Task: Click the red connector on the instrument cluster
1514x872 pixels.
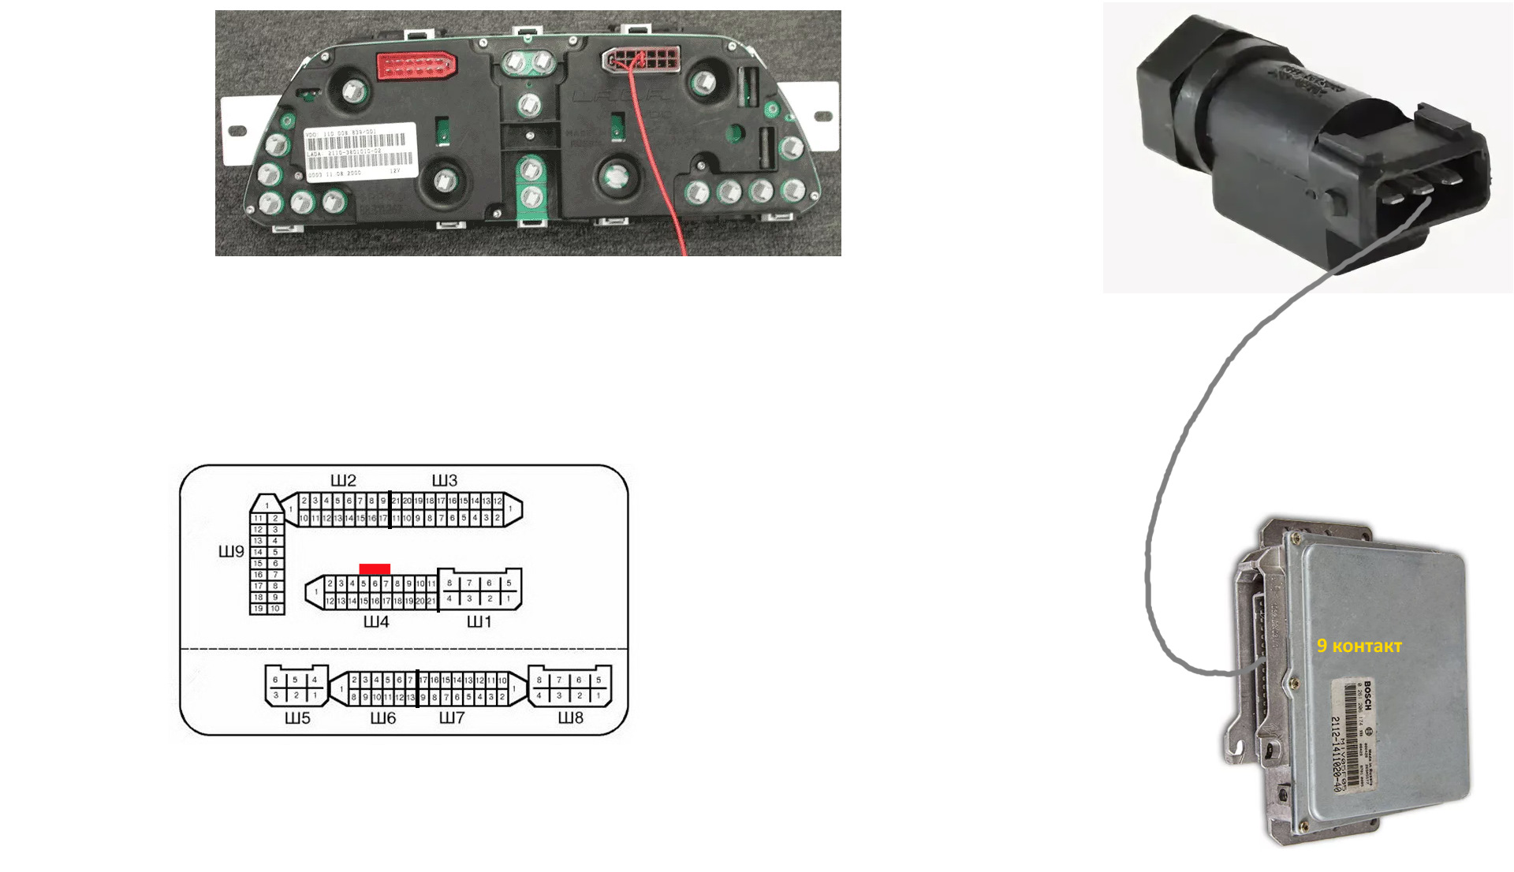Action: [416, 65]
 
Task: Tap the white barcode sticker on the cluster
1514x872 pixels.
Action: [360, 151]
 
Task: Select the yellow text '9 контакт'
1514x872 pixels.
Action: [1359, 646]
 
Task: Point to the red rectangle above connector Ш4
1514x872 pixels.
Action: [375, 568]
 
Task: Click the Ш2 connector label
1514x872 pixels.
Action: [343, 480]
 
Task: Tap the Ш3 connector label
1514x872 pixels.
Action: [444, 480]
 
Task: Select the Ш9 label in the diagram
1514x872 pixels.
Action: [231, 552]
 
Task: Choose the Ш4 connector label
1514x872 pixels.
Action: [376, 622]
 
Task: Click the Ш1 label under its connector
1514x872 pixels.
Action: [479, 622]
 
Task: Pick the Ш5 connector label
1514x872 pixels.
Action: [297, 718]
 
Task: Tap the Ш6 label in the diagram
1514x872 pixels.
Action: [383, 718]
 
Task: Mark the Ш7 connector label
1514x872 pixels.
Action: [452, 718]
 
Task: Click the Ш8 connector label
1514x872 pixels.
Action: [571, 718]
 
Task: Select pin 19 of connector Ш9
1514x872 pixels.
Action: [258, 609]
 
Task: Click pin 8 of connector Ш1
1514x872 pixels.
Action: [449, 583]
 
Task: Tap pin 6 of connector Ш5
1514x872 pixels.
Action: [275, 680]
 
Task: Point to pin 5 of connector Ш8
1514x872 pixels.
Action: [599, 680]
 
